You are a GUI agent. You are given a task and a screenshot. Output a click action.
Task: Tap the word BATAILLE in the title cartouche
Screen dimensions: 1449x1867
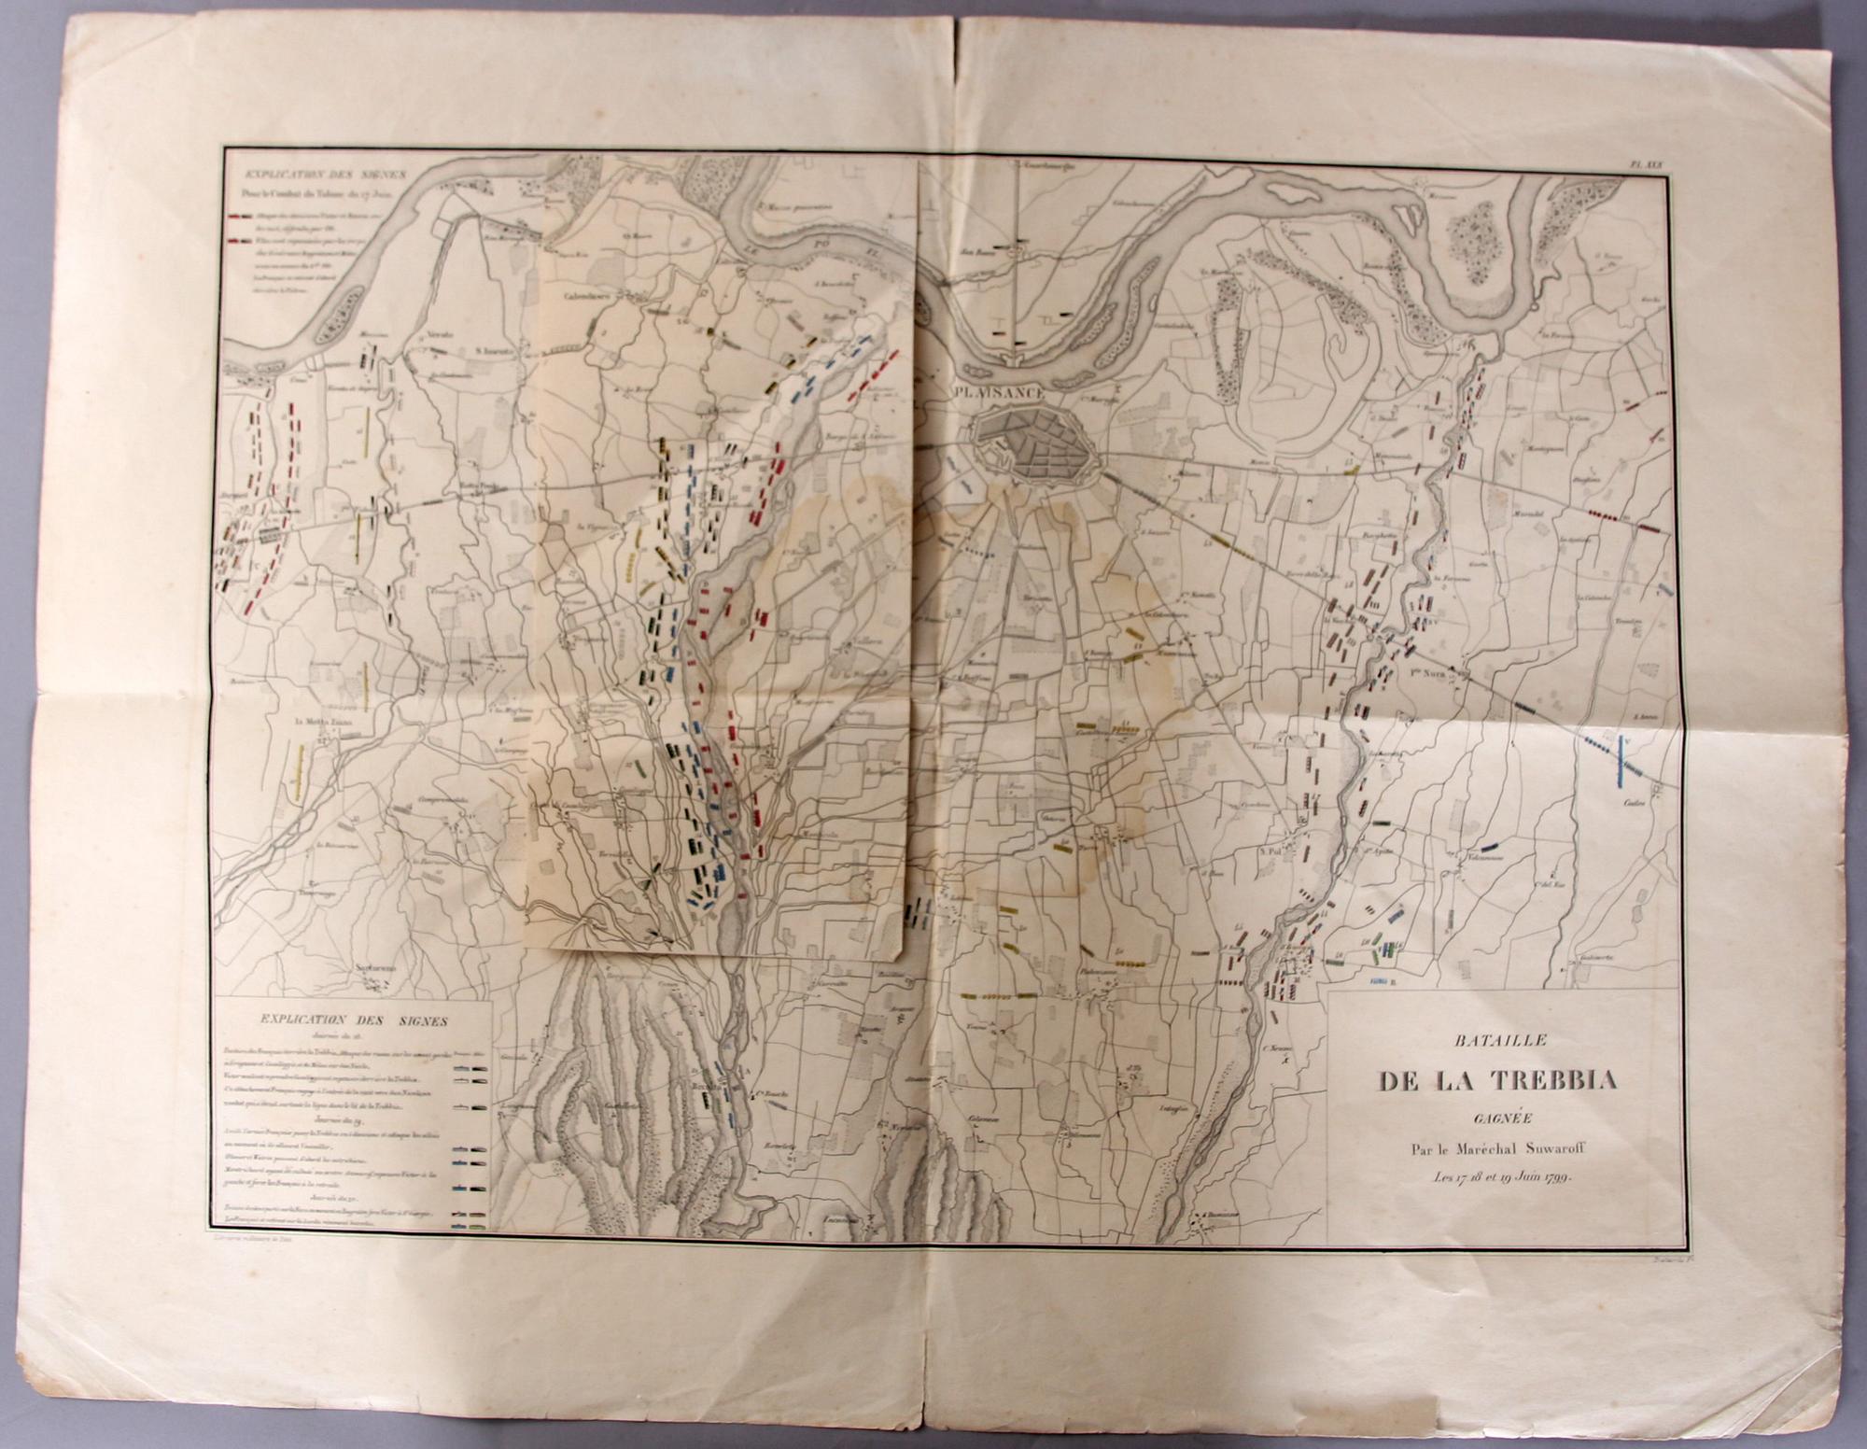click(x=1488, y=1038)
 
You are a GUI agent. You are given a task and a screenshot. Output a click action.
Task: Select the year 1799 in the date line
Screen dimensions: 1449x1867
click(x=1555, y=1177)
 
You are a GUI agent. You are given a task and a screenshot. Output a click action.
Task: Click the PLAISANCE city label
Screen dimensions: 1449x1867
click(x=1000, y=394)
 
